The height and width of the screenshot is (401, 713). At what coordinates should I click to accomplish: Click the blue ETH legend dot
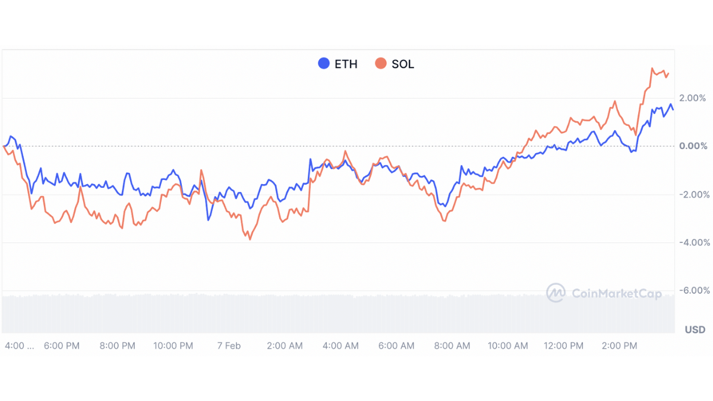(x=324, y=64)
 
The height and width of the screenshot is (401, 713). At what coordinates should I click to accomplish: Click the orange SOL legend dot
(x=381, y=64)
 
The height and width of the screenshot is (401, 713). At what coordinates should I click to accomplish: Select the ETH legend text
(x=346, y=64)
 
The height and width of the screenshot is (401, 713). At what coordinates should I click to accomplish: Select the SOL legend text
(x=403, y=64)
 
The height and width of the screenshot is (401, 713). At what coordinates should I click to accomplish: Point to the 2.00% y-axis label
(x=693, y=98)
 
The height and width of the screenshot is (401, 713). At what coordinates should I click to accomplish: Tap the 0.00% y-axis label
(x=693, y=146)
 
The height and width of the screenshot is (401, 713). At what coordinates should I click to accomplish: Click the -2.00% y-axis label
(x=692, y=194)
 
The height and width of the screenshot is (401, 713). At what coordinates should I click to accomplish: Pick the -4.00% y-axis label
(x=692, y=242)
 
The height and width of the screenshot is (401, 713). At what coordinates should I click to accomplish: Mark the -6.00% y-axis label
(x=692, y=291)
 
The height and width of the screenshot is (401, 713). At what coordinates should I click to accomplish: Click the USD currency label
(x=695, y=330)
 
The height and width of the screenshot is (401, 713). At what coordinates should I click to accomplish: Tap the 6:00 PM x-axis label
(x=62, y=346)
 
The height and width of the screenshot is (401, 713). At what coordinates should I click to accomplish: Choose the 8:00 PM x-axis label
(x=118, y=346)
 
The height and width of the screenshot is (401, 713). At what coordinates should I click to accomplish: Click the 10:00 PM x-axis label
(x=173, y=346)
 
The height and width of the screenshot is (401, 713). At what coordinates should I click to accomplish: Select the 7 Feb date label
(x=229, y=346)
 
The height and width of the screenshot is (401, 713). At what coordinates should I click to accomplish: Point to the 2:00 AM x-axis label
(x=285, y=346)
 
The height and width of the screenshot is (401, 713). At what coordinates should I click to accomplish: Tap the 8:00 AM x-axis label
(x=452, y=346)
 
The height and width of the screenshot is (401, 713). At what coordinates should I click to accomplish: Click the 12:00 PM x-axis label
(x=564, y=346)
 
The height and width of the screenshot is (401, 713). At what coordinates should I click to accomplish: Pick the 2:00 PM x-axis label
(x=620, y=346)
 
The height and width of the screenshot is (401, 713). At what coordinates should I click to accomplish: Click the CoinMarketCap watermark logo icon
(x=556, y=292)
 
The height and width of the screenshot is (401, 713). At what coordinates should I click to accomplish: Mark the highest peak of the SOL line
(x=652, y=68)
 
